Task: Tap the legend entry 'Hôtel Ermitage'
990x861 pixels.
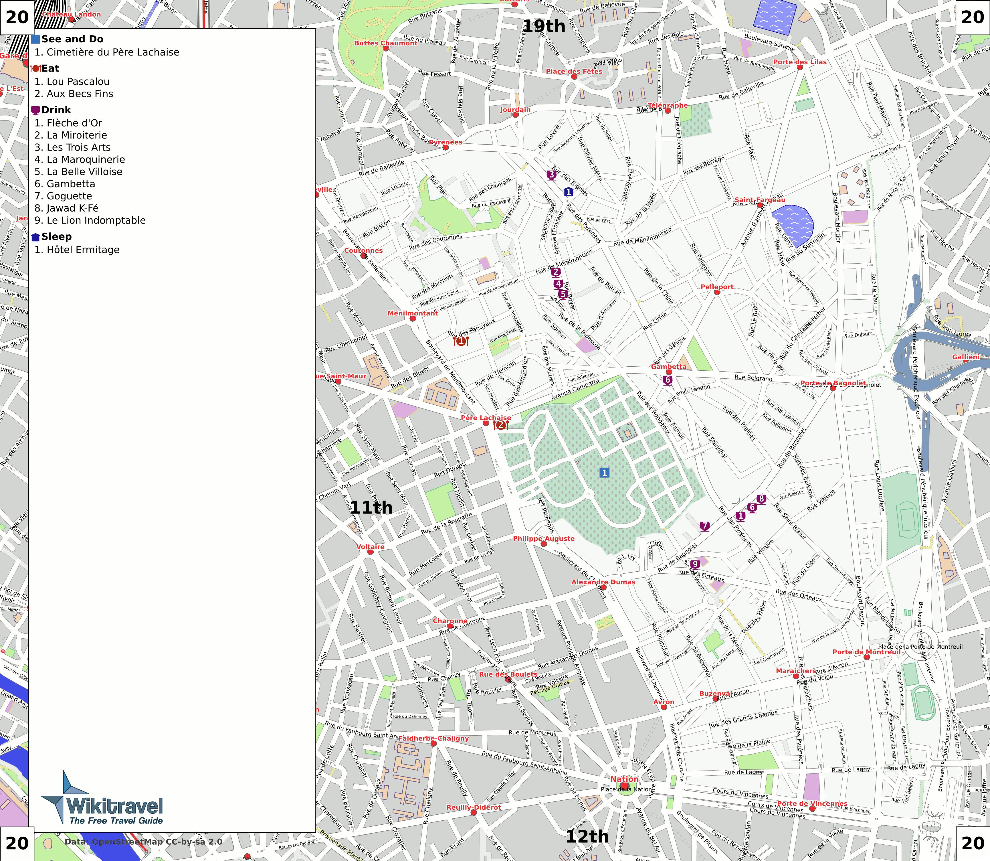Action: point(77,250)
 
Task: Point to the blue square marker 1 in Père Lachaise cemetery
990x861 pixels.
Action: point(604,473)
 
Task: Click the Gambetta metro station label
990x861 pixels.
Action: point(669,367)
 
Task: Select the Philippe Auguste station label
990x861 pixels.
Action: point(543,539)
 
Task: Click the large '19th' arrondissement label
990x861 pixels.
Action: point(543,26)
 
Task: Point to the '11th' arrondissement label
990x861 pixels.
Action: point(371,507)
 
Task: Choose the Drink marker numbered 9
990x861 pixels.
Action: point(695,564)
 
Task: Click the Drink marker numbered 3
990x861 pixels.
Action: point(551,174)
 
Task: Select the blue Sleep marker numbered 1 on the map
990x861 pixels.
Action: point(568,192)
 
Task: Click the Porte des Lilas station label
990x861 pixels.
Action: point(800,62)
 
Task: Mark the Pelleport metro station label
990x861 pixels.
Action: point(717,287)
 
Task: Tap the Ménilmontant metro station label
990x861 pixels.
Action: point(413,313)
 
